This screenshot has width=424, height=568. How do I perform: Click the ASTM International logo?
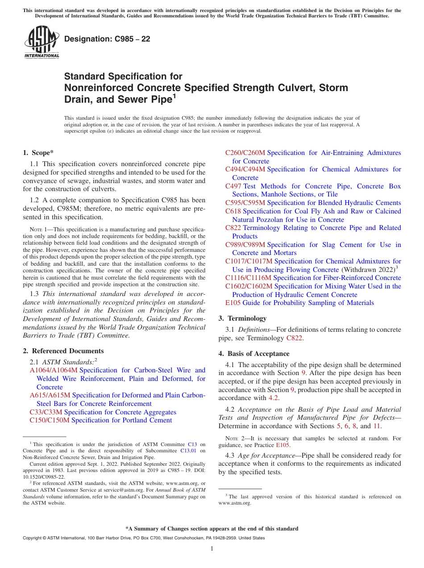pyautogui.click(x=42, y=42)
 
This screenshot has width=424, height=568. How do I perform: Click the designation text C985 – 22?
pyautogui.click(x=107, y=39)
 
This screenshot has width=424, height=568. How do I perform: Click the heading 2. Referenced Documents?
pyautogui.click(x=63, y=351)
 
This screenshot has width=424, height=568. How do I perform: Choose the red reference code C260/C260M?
pyautogui.click(x=245, y=153)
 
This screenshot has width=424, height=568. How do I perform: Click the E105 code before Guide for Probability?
pyautogui.click(x=233, y=303)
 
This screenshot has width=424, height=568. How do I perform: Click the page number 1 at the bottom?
pyautogui.click(x=212, y=549)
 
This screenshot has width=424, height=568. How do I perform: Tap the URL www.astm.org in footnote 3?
pyautogui.click(x=235, y=503)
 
